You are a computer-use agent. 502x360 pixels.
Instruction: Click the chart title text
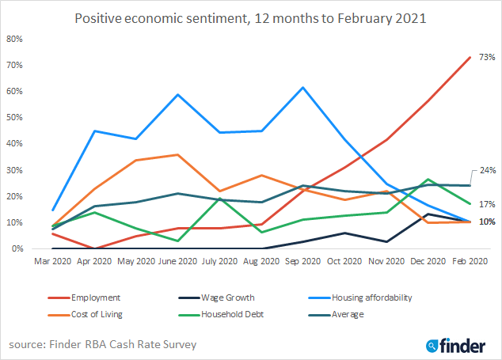click(250, 17)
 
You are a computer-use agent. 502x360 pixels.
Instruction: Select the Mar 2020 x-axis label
click(53, 259)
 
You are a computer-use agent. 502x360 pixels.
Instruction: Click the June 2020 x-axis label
click(177, 259)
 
